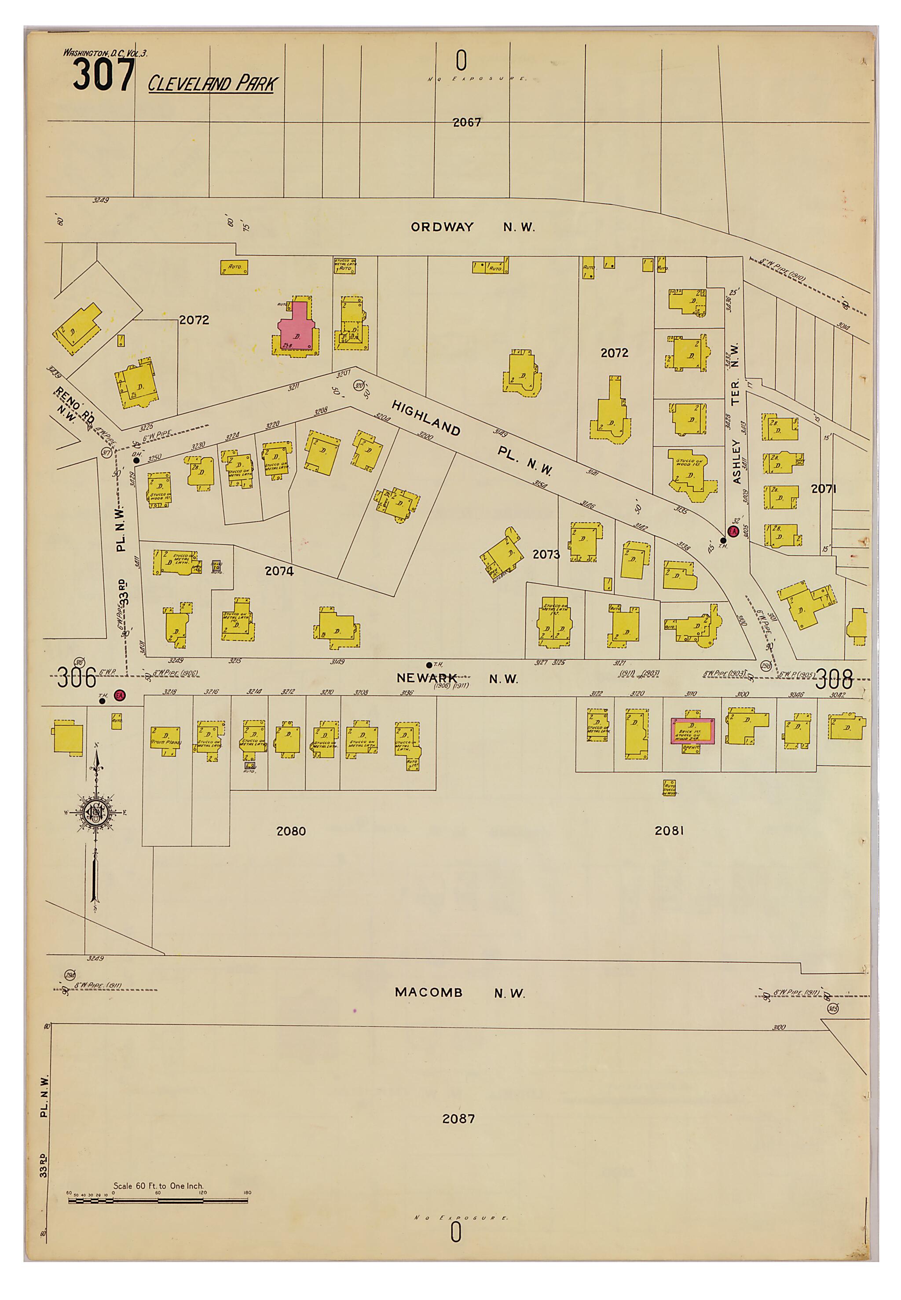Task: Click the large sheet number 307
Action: [x=104, y=75]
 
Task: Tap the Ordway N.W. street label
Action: [x=472, y=227]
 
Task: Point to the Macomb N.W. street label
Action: [x=460, y=992]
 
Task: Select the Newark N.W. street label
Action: [x=457, y=679]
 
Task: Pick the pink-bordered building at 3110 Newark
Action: [x=692, y=731]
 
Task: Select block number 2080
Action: [x=291, y=831]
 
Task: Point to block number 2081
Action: [x=669, y=830]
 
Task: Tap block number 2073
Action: [x=546, y=554]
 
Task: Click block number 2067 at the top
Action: [x=467, y=122]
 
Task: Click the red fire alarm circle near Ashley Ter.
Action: [x=733, y=532]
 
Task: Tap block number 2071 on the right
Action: [x=823, y=489]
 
